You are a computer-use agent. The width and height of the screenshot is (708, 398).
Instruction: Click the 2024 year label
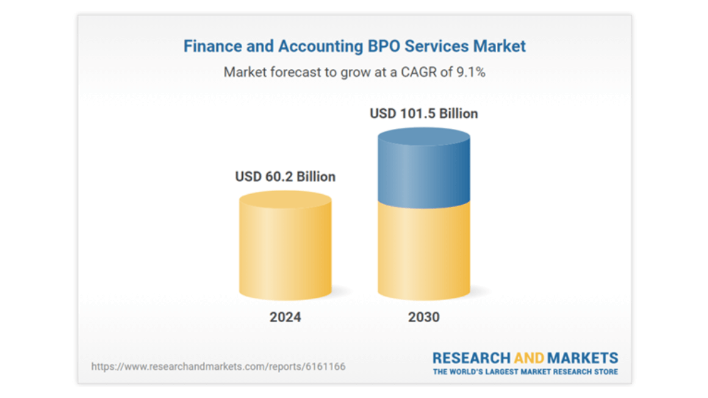(285, 317)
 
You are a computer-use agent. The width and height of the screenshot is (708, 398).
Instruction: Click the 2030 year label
(424, 317)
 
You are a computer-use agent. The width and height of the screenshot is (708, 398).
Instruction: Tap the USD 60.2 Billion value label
(285, 177)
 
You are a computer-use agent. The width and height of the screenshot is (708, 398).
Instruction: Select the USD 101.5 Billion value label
(424, 114)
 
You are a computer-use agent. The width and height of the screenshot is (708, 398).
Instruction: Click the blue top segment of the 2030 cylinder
(424, 169)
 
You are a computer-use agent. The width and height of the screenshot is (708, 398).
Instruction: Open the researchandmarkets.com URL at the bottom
(218, 366)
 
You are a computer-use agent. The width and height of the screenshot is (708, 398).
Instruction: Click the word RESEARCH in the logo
(471, 358)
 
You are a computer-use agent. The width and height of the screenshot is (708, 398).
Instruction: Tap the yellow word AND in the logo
(529, 358)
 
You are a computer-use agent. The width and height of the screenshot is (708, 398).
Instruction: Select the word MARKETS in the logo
(583, 358)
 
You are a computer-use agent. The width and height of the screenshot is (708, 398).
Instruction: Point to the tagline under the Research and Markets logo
(525, 372)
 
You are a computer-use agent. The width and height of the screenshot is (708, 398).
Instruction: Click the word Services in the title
(437, 46)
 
